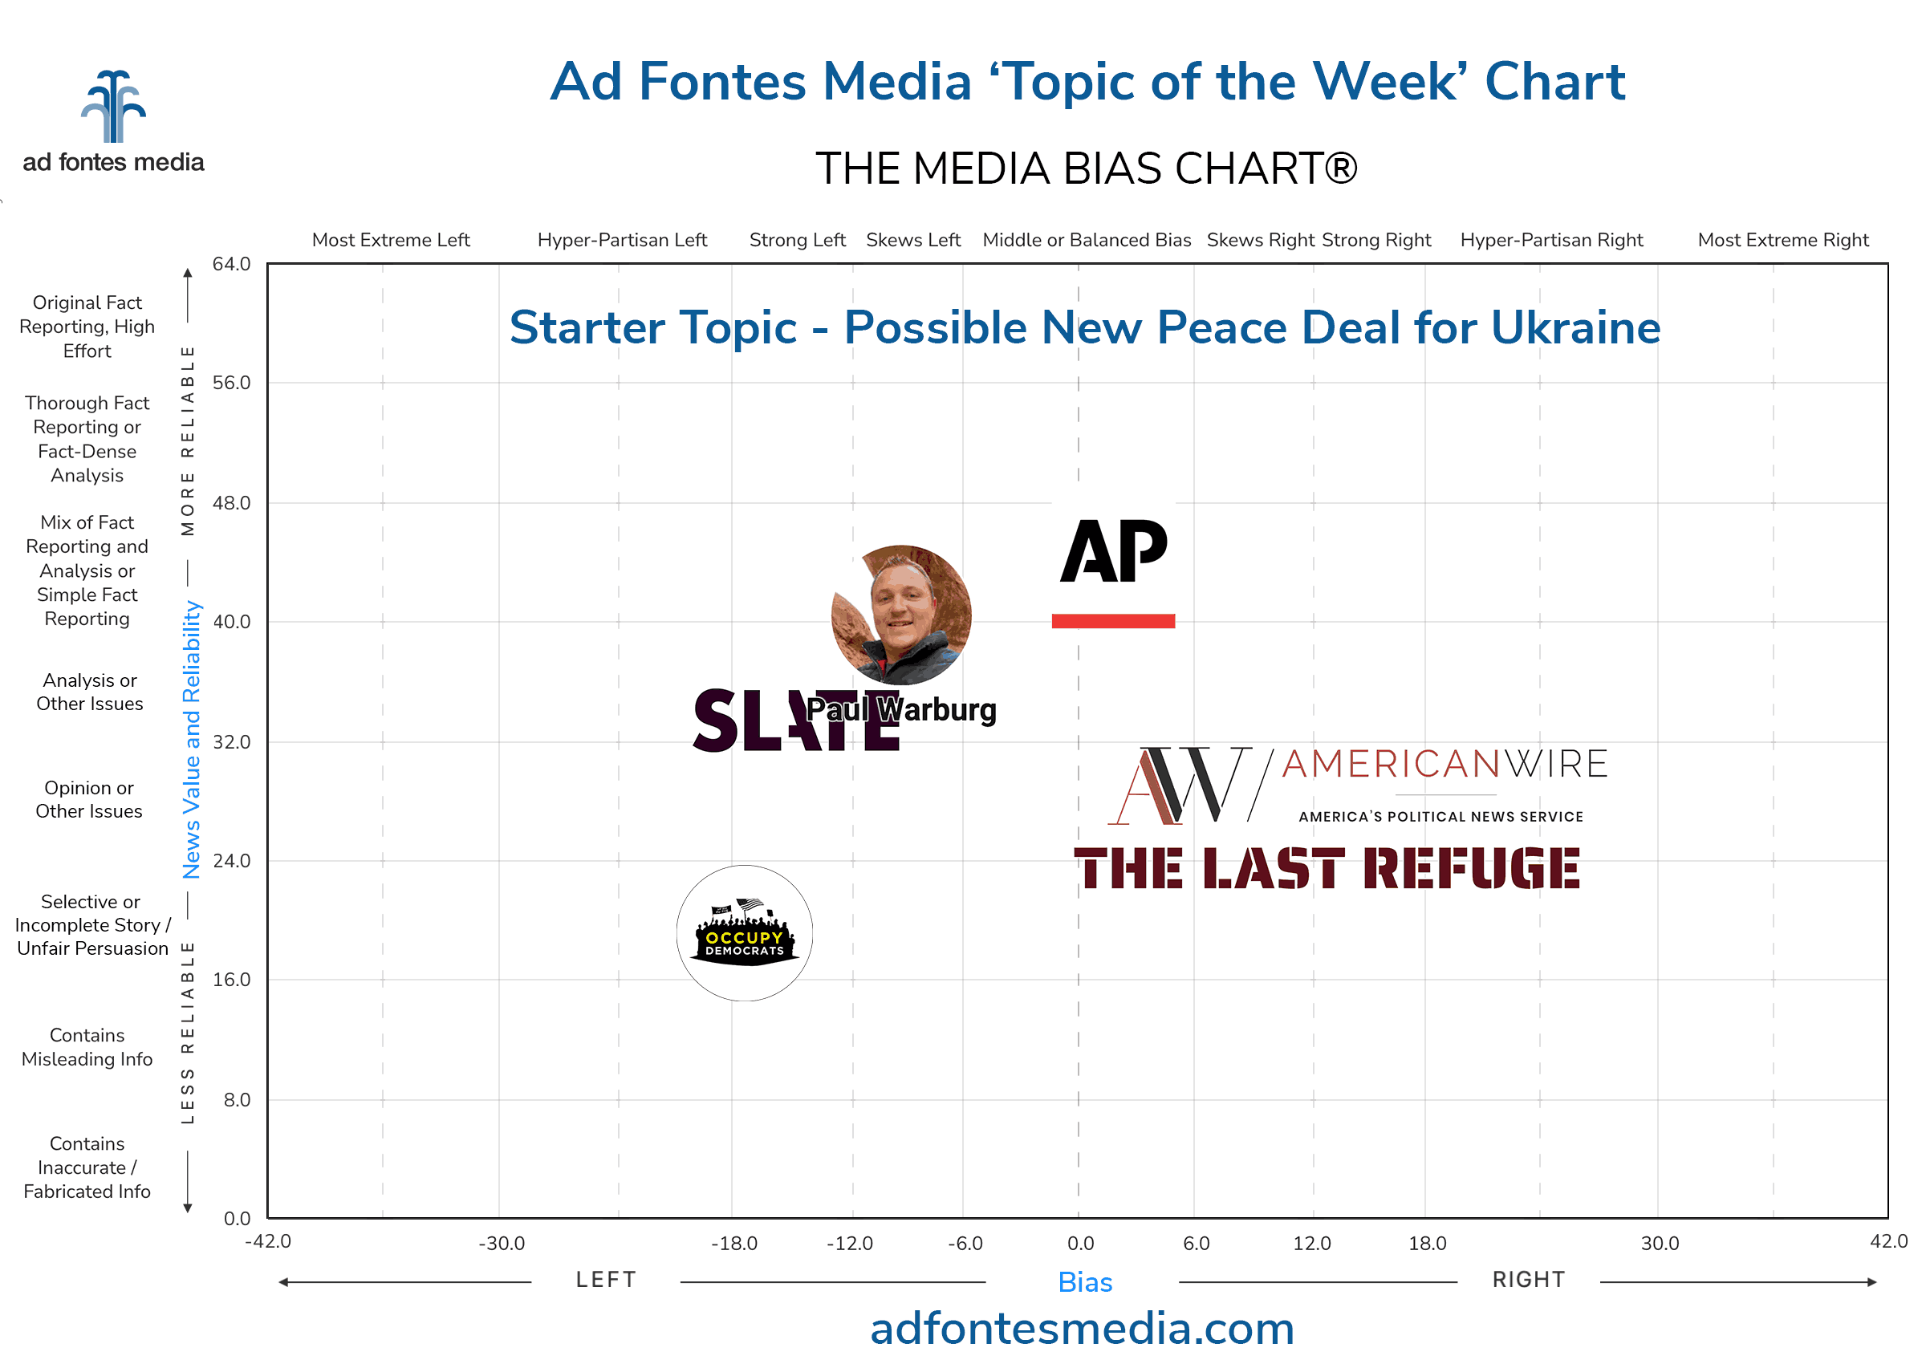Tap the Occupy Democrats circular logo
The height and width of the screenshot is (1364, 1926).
(744, 933)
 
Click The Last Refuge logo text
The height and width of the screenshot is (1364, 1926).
(1327, 868)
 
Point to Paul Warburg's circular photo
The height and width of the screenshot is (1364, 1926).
(901, 614)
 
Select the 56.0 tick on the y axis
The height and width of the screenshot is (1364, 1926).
(231, 383)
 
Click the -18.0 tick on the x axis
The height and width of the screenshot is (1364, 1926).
(734, 1243)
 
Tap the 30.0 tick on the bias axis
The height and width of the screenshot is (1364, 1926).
(1660, 1243)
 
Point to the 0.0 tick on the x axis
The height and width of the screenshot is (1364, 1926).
(1080, 1243)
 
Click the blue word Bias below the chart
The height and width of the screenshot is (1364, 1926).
(1085, 1282)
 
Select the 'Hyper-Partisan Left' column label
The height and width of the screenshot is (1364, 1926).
(623, 240)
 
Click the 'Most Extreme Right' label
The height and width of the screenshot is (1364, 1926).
(1783, 240)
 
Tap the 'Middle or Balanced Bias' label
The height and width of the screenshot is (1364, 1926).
(1087, 240)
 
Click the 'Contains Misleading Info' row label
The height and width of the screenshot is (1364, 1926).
(87, 1047)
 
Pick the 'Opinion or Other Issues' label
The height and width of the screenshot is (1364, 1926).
(89, 800)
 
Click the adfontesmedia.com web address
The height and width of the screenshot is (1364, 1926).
(1082, 1329)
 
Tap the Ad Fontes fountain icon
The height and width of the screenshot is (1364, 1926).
(113, 107)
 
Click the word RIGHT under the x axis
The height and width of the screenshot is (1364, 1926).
(1529, 1280)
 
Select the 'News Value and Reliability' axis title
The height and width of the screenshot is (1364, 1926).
(192, 739)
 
